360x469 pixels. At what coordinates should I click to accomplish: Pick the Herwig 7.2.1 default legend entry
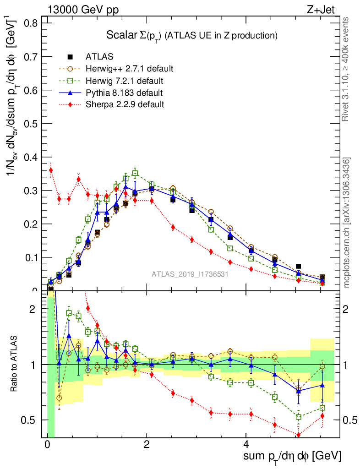click(x=125, y=81)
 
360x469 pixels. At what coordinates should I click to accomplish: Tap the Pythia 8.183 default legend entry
click(x=124, y=93)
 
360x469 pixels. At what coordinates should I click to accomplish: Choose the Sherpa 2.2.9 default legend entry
click(x=125, y=104)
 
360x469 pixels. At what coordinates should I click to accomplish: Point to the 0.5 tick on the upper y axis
click(x=31, y=123)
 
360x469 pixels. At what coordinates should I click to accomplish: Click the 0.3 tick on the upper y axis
click(x=31, y=190)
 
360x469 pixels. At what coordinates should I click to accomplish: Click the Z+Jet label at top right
click(x=328, y=9)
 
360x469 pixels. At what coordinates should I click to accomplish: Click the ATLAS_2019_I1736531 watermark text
click(x=190, y=274)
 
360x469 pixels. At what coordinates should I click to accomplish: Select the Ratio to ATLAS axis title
click(x=15, y=364)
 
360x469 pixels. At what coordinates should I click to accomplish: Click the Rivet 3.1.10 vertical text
click(x=346, y=69)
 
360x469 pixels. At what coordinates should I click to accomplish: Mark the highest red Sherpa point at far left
click(x=51, y=170)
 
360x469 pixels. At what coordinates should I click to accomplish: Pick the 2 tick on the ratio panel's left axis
click(x=33, y=309)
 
